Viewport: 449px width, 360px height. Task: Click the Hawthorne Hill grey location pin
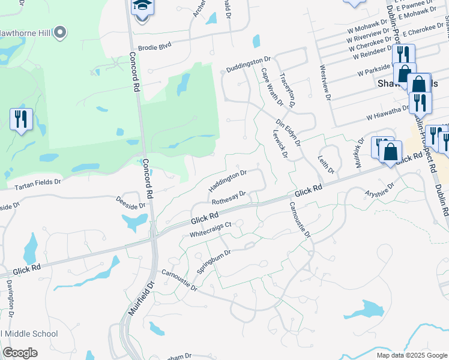click(59, 33)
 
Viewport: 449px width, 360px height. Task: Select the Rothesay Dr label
click(229, 197)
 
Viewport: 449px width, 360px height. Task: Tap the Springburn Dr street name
click(214, 261)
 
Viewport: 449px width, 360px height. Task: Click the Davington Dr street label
click(10, 298)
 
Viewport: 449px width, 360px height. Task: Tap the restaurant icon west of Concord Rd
click(22, 119)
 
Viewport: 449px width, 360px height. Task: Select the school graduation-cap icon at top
click(142, 7)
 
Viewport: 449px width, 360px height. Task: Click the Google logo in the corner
click(20, 352)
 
